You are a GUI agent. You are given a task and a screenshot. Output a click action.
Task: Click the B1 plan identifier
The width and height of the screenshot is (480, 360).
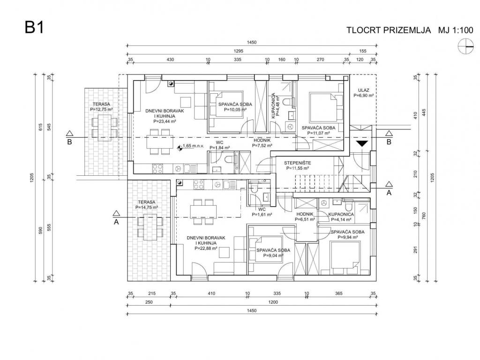pyautogui.click(x=34, y=28)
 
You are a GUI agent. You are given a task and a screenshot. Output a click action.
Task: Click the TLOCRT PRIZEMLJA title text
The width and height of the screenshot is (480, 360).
pyautogui.click(x=389, y=30)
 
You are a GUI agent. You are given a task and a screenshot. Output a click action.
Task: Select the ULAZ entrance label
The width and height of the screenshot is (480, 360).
pyautogui.click(x=364, y=90)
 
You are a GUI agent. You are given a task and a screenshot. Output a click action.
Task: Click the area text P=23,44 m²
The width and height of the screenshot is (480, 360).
pyautogui.click(x=160, y=121)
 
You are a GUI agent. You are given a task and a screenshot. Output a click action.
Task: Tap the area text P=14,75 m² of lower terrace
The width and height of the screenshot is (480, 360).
pyautogui.click(x=147, y=207)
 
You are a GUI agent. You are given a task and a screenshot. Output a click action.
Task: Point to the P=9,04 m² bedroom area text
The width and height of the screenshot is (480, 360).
pyautogui.click(x=273, y=256)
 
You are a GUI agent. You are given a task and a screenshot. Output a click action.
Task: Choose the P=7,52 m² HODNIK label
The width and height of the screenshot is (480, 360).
pyautogui.click(x=261, y=145)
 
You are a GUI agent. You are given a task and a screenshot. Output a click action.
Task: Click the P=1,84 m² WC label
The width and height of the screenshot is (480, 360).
pyautogui.click(x=218, y=148)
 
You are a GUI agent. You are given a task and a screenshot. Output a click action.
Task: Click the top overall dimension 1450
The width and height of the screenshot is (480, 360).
pyautogui.click(x=252, y=43)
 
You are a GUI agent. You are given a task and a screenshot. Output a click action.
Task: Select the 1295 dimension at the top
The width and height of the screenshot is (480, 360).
pyautogui.click(x=239, y=51)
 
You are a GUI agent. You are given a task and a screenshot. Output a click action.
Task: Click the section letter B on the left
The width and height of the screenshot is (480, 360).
pyautogui.click(x=69, y=142)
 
